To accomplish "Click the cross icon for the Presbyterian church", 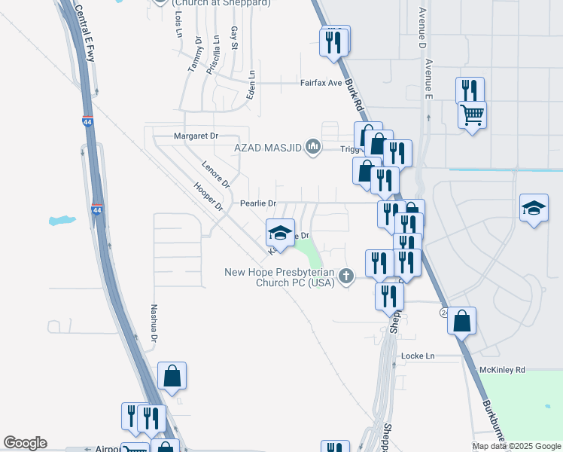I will pyautogui.click(x=346, y=276).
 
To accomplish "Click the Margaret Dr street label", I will pyautogui.click(x=196, y=136).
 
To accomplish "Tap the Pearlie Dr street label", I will pyautogui.click(x=258, y=203).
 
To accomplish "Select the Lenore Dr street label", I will pyautogui.click(x=215, y=174).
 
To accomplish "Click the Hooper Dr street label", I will pyautogui.click(x=208, y=196).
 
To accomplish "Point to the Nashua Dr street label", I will pyautogui.click(x=154, y=324).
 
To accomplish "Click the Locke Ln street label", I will pyautogui.click(x=418, y=356).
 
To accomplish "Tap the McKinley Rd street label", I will pyautogui.click(x=503, y=371).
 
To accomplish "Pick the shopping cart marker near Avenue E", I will pyautogui.click(x=472, y=115).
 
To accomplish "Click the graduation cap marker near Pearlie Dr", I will pyautogui.click(x=280, y=233).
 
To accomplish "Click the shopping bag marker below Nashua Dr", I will pyautogui.click(x=172, y=376).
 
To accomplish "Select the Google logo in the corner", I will pyautogui.click(x=25, y=443).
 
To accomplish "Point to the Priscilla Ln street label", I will pyautogui.click(x=216, y=53).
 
